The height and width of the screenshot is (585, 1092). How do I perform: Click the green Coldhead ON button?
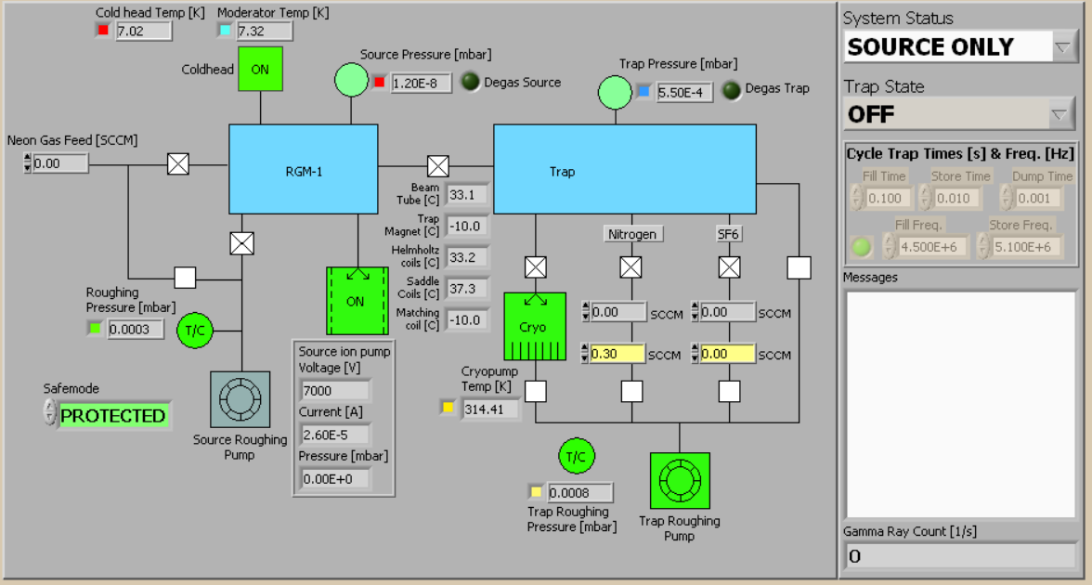[x=260, y=70]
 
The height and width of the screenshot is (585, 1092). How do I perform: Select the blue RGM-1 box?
[x=304, y=170]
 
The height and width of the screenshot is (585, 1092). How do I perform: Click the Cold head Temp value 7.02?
[x=144, y=31]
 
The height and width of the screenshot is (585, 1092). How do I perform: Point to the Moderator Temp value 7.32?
[x=265, y=31]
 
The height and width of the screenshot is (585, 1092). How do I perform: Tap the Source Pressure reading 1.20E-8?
[x=421, y=84]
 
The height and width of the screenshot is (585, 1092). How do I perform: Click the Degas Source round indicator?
[x=471, y=83]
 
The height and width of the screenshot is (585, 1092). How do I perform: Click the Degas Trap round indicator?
[x=732, y=89]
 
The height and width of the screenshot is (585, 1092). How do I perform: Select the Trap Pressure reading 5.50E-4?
[x=685, y=92]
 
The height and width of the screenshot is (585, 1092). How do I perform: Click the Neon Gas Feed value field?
[x=60, y=163]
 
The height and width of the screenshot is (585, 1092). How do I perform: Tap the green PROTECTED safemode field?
[x=113, y=415]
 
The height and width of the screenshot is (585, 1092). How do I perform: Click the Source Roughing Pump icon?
[x=240, y=400]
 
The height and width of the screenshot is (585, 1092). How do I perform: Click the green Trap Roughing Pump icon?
[x=680, y=481]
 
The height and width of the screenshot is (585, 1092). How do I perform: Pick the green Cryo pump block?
[x=535, y=326]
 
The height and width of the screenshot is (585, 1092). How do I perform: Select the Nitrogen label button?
[x=631, y=234]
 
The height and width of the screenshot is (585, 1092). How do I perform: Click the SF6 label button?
[x=728, y=234]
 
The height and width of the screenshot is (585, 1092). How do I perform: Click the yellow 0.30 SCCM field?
[x=617, y=354]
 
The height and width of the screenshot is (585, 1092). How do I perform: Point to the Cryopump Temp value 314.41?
[x=490, y=408]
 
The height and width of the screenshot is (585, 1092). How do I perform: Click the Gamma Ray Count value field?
[x=959, y=555]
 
